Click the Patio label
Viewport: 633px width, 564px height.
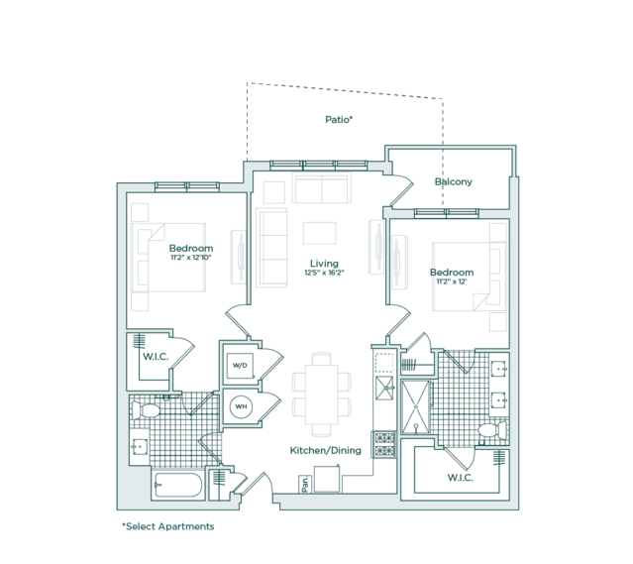click(339, 120)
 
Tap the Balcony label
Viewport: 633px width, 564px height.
click(454, 181)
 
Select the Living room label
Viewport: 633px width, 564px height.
click(324, 264)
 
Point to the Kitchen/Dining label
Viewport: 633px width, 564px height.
click(325, 450)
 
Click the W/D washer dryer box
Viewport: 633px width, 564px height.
click(240, 366)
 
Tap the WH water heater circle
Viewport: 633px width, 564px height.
click(241, 406)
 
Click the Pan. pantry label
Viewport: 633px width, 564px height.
click(305, 484)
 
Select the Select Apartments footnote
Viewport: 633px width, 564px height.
click(168, 527)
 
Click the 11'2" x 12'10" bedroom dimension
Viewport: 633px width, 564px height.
click(191, 258)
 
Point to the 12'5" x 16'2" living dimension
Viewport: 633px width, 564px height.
click(324, 273)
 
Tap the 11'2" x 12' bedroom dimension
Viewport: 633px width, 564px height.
click(452, 282)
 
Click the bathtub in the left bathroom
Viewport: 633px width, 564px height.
click(178, 486)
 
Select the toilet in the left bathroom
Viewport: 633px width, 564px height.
click(146, 410)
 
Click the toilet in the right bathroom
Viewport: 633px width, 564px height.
click(492, 430)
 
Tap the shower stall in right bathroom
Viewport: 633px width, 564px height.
click(416, 406)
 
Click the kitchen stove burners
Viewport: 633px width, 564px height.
click(384, 444)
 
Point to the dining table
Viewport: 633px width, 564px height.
click(321, 395)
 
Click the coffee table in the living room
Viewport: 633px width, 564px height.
click(320, 233)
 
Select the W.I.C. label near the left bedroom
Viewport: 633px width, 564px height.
click(156, 357)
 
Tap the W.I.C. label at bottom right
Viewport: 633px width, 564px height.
click(461, 478)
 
